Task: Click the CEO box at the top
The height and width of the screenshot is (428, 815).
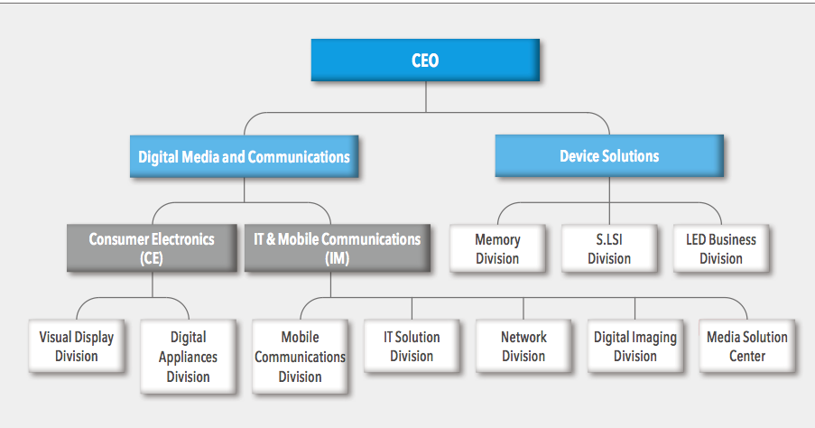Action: click(x=425, y=60)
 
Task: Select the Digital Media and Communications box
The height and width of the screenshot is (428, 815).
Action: click(x=244, y=157)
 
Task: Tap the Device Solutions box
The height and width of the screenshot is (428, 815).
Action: click(x=609, y=155)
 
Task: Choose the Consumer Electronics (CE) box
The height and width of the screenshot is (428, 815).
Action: click(x=152, y=248)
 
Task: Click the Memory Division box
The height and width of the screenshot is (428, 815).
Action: click(x=497, y=249)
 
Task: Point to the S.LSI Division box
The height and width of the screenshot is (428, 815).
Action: click(x=609, y=249)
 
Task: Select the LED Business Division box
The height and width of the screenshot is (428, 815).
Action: click(x=720, y=249)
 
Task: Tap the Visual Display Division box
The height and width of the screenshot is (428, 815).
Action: click(x=77, y=347)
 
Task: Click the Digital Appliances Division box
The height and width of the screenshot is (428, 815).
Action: click(x=189, y=357)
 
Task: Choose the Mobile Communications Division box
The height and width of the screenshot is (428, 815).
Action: click(x=300, y=357)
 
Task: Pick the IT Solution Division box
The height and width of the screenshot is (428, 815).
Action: click(x=412, y=347)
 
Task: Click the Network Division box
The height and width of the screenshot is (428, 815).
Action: click(x=523, y=347)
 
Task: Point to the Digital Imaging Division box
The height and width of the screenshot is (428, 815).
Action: click(x=634, y=347)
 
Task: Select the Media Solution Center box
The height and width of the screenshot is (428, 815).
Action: click(x=747, y=347)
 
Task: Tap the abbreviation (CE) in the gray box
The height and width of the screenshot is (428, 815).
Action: click(x=152, y=259)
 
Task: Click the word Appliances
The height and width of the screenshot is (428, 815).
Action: click(x=189, y=358)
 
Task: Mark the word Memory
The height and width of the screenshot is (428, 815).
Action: click(x=497, y=240)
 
